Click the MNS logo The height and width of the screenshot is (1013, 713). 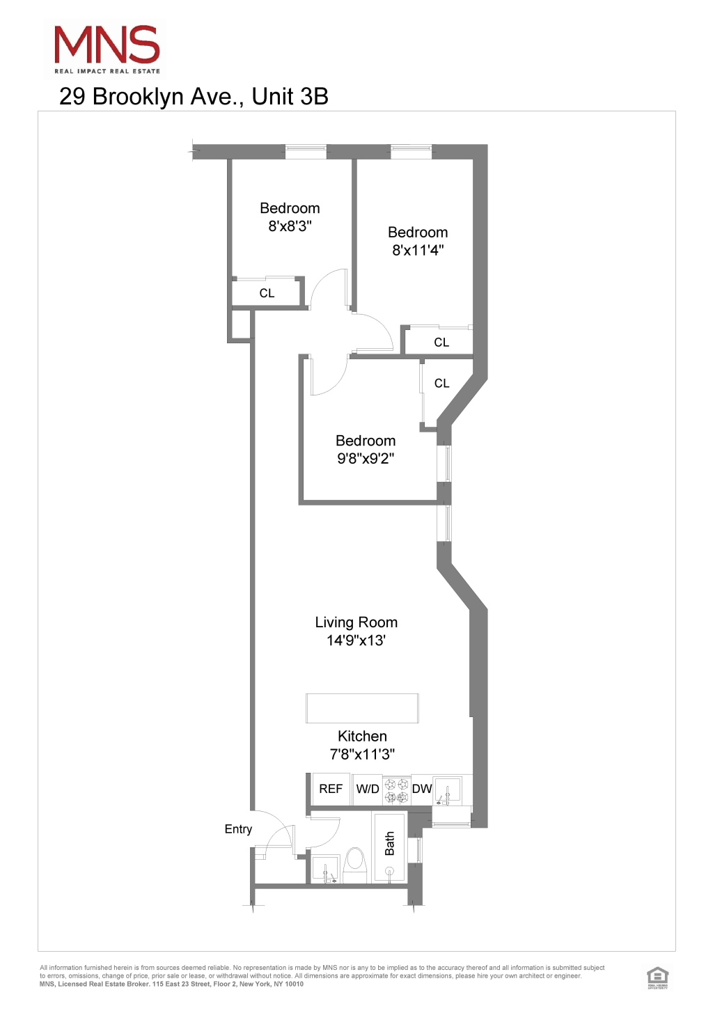coord(107,49)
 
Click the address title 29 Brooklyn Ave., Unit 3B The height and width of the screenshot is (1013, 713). coord(194,97)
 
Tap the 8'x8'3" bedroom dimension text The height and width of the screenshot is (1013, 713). coord(290,226)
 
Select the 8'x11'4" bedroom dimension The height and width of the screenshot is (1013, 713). coord(418,251)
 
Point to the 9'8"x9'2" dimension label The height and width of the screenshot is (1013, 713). coord(366,459)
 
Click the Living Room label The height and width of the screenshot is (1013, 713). coord(356,622)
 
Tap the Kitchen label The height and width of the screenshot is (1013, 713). coord(362,737)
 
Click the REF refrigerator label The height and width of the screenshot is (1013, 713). coord(331,789)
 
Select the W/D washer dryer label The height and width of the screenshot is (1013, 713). coord(368,790)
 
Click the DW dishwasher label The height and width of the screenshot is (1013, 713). coord(422,789)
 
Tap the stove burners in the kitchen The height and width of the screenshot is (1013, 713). coord(397,790)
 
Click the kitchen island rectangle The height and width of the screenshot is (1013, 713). coord(362,708)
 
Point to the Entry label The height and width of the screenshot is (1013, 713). coord(238,829)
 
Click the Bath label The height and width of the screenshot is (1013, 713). coord(390,843)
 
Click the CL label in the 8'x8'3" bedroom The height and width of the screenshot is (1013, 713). coord(267,293)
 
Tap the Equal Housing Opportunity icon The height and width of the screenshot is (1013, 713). coord(657,977)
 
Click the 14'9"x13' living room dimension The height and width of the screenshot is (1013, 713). coord(356,641)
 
